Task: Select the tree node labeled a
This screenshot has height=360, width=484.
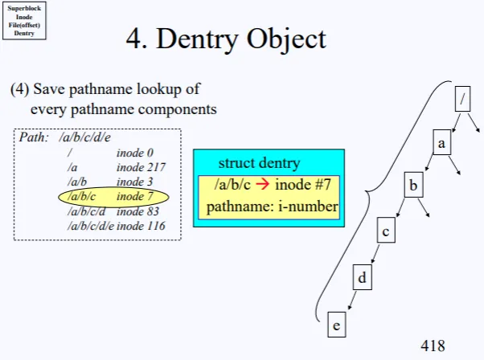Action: pyautogui.click(x=441, y=142)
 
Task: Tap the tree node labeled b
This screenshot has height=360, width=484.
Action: pyautogui.click(x=413, y=187)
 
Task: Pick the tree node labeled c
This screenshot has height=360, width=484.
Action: pyautogui.click(x=387, y=232)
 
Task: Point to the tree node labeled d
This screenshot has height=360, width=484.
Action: pyautogui.click(x=362, y=278)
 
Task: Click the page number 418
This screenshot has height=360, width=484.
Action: pyautogui.click(x=433, y=346)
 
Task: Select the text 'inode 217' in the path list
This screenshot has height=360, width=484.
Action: pyautogui.click(x=141, y=167)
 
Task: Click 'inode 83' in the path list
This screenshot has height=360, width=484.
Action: pyautogui.click(x=137, y=212)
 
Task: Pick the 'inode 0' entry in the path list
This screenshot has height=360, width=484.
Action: pyautogui.click(x=134, y=153)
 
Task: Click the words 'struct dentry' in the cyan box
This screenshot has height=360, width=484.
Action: pyautogui.click(x=258, y=164)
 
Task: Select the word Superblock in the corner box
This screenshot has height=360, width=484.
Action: pyautogui.click(x=24, y=9)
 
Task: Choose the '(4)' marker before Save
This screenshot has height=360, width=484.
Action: pyautogui.click(x=19, y=89)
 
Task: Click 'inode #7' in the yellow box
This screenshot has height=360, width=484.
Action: pyautogui.click(x=302, y=186)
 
